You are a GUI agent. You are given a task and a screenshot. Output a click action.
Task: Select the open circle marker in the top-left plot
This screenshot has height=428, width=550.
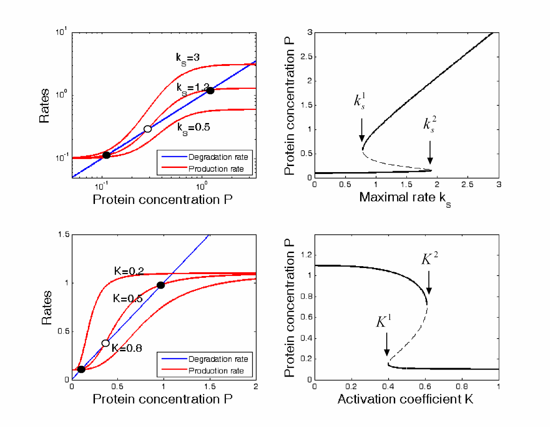(148, 129)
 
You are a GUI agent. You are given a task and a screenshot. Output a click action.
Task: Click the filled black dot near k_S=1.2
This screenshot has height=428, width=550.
(210, 91)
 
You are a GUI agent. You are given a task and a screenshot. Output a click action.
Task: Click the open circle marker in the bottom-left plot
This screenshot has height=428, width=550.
(106, 343)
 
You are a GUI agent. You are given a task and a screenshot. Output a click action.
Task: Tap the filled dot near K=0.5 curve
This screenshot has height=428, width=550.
(160, 285)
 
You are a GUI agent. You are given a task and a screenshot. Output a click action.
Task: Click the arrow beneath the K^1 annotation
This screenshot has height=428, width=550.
(387, 347)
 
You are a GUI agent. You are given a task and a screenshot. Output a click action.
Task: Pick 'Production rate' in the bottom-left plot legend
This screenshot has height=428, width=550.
(217, 371)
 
